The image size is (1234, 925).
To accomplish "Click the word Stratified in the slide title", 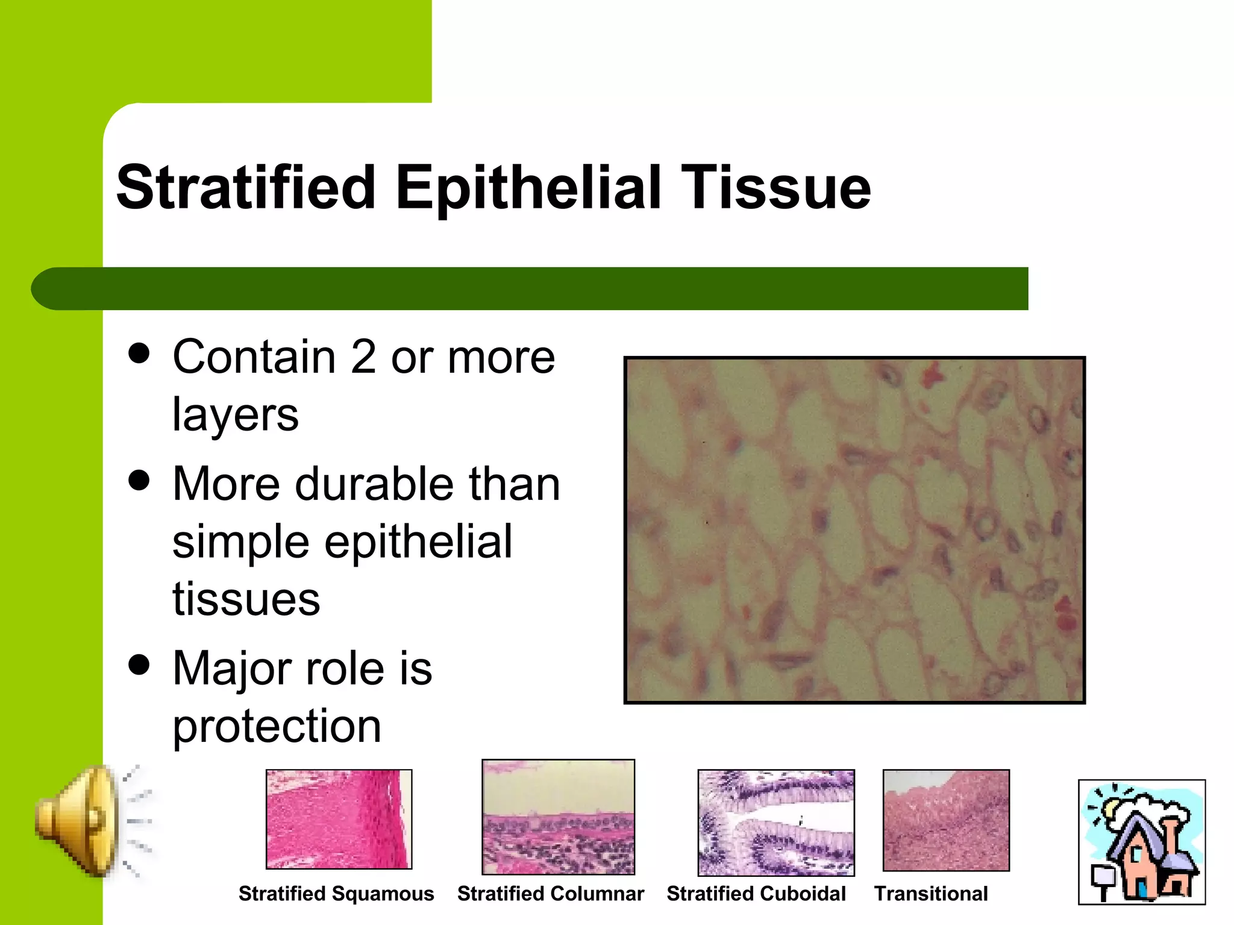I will click(x=246, y=188).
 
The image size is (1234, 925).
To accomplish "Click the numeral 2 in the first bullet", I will click(x=363, y=357).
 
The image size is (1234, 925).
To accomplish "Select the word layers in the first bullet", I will click(x=235, y=414).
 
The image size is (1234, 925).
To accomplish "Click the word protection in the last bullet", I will click(x=277, y=726).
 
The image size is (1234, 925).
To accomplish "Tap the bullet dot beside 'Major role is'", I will click(x=139, y=665).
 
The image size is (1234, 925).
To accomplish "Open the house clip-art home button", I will click(x=1141, y=842).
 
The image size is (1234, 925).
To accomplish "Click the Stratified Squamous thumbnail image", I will click(x=339, y=819).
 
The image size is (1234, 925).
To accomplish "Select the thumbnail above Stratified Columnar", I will click(x=558, y=817).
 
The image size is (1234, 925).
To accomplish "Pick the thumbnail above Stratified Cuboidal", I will click(x=775, y=822).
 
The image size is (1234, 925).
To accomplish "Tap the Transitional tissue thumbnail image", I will click(x=945, y=820).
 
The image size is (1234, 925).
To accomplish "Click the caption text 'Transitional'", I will click(x=931, y=894).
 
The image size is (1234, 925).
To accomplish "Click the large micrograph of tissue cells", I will click(x=854, y=530).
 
